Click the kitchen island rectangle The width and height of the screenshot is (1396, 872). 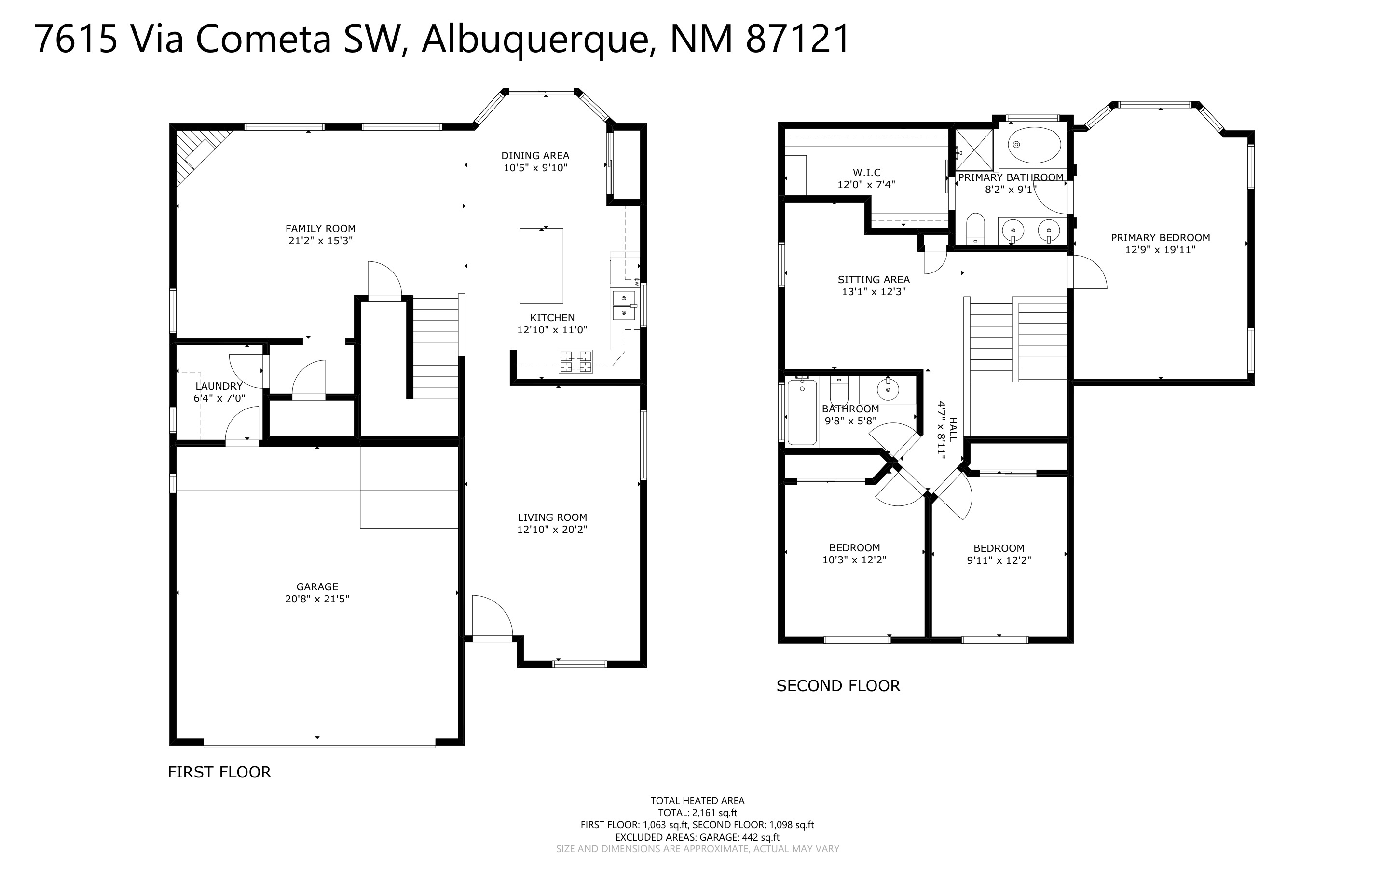[x=541, y=266]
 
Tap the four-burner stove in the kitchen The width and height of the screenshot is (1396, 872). [x=575, y=362]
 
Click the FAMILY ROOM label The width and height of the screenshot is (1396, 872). [x=321, y=229]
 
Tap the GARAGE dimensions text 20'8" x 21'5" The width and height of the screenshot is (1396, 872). [x=317, y=599]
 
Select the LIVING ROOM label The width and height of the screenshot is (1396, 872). [x=552, y=518]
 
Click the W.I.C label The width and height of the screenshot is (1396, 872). [x=867, y=173]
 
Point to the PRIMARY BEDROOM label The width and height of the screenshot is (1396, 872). [x=1161, y=238]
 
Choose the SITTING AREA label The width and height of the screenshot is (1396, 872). [x=874, y=280]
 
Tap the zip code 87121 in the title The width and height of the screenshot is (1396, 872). [x=798, y=39]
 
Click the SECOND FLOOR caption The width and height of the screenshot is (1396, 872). [x=838, y=686]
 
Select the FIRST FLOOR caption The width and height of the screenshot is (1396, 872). [x=219, y=772]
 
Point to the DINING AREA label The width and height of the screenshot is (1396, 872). [x=535, y=156]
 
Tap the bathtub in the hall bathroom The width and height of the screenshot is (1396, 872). [x=802, y=412]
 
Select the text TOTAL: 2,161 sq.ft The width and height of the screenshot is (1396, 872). [x=698, y=813]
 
